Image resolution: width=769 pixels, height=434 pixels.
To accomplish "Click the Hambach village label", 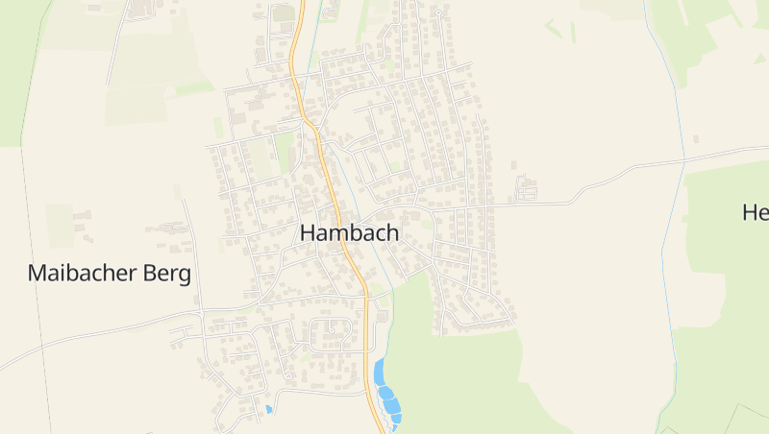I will coord(349,232).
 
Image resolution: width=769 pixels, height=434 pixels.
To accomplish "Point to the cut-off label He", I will coord(756,212).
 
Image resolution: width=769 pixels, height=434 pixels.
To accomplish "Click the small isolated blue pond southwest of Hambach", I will coord(268,410).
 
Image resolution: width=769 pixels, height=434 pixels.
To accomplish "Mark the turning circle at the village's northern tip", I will coord(437,13).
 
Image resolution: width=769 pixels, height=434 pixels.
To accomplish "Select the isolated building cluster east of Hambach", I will coord(527,187).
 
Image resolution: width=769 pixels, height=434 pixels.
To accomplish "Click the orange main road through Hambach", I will coord(335,202).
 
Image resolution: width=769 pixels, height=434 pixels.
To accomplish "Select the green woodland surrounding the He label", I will coord(731,288).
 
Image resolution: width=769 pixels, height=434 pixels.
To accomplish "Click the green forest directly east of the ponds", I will coord(461,374).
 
